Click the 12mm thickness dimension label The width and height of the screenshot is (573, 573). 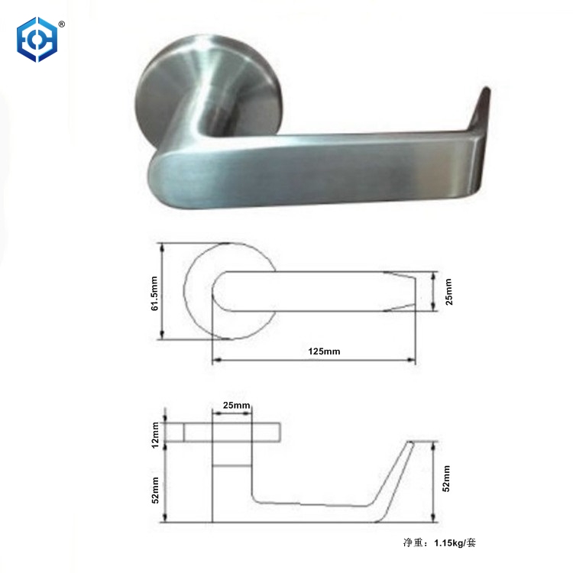(155, 432)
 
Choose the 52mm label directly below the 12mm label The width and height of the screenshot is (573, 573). (155, 489)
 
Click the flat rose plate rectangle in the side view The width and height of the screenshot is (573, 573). (229, 432)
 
